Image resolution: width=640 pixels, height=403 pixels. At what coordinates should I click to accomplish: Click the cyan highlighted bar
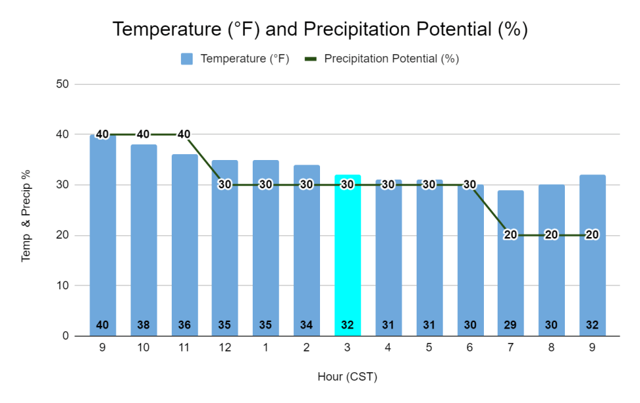(347, 261)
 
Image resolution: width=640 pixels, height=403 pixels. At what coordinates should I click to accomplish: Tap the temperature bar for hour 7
(511, 274)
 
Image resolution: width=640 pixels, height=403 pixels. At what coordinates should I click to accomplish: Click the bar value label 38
(144, 325)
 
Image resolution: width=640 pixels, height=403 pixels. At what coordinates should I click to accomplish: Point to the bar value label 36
(184, 325)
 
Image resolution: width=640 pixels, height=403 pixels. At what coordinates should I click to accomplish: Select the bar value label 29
(511, 325)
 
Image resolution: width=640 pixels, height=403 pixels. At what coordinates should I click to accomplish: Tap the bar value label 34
(306, 325)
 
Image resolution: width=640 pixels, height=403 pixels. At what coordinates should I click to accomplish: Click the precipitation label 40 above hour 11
(184, 135)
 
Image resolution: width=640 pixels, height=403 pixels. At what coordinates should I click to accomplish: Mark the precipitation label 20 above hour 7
(511, 235)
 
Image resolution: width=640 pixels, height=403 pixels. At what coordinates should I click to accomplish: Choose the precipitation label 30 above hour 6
(470, 185)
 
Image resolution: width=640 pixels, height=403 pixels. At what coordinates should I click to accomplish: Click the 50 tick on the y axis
(63, 84)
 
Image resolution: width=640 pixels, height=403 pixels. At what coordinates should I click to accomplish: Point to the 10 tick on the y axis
(63, 285)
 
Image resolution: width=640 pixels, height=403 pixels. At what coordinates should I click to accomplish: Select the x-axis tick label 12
(225, 348)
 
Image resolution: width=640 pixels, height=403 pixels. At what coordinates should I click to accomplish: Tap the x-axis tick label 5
(429, 348)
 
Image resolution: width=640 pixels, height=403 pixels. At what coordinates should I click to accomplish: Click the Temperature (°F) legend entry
(236, 59)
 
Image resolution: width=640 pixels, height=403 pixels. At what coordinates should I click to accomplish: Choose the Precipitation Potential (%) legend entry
(383, 59)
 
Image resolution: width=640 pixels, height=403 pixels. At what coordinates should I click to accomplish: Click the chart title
(320, 29)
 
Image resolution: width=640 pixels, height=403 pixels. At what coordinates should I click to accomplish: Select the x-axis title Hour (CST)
(347, 377)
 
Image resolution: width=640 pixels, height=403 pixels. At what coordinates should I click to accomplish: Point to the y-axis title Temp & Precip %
(27, 210)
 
